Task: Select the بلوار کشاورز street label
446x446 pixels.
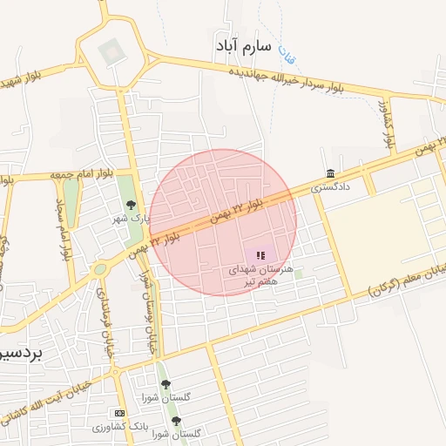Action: pos(389,122)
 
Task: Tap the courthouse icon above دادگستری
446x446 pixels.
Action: pos(330,173)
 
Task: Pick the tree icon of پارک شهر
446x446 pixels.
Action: pos(131,206)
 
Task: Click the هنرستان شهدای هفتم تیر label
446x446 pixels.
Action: pos(262,276)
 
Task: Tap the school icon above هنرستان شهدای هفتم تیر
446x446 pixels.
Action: pos(260,255)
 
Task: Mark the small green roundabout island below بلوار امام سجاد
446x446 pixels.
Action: pos(101,269)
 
